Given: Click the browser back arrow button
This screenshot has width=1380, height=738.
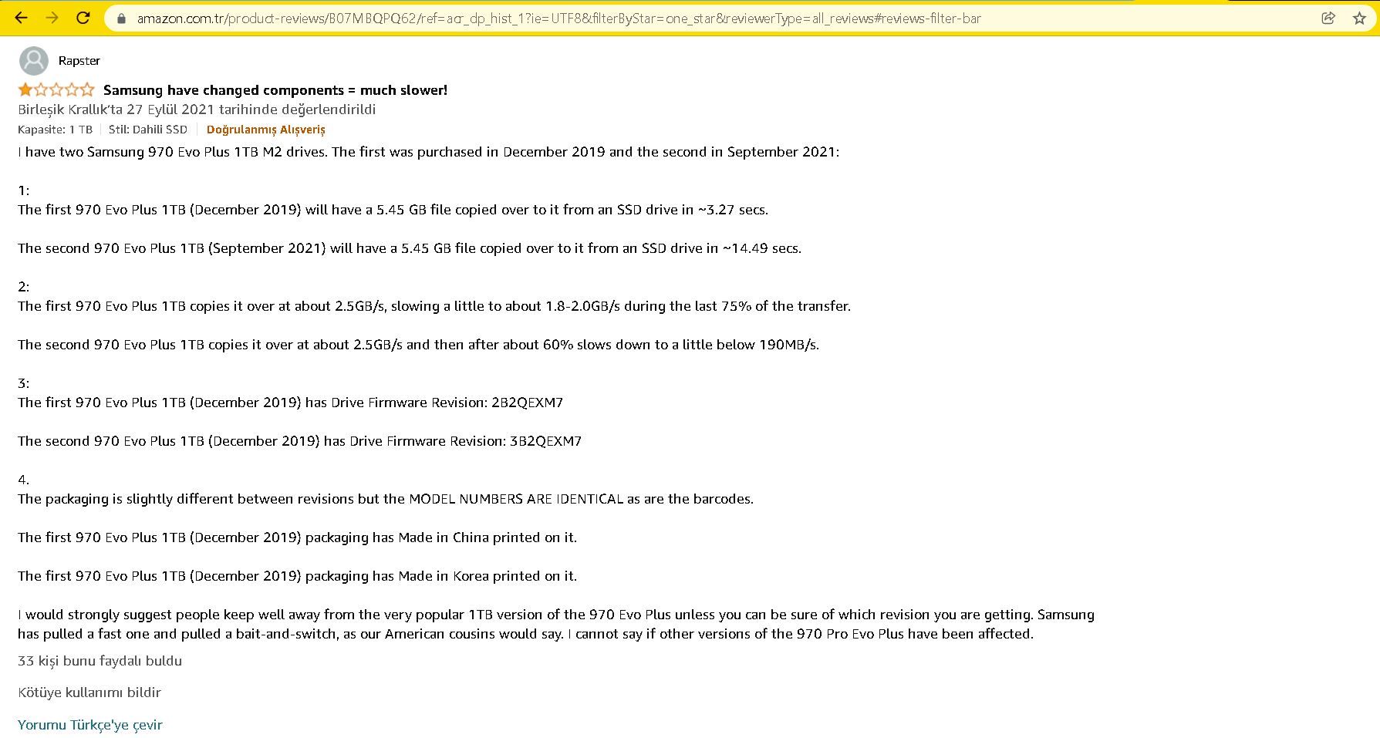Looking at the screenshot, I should pos(22,18).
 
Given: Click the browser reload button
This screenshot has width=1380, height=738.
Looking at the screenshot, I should pos(83,18).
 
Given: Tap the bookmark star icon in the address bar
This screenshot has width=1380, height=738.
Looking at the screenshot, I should pos(1359,18).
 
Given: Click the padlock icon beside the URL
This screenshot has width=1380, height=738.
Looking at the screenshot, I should pos(121,19).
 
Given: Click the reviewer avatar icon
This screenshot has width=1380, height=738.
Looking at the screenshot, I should pos(33,61).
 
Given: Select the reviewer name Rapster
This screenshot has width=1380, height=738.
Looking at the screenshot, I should pos(79,61).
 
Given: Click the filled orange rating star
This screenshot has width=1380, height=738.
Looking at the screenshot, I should pos(25,90).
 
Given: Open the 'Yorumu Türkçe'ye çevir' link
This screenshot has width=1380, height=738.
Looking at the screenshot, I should pos(90,725).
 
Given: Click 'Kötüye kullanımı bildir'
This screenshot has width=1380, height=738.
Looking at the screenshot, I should pos(89,693).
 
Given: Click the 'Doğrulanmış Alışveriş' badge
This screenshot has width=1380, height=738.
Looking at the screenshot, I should pos(265,130).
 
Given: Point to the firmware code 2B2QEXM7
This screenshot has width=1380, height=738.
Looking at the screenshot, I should pos(527,403).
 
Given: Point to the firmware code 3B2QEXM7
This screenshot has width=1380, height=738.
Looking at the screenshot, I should pos(545,441).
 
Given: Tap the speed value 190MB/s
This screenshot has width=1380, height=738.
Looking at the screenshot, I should pos(788,345).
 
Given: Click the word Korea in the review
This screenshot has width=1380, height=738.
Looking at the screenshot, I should pos(471,576).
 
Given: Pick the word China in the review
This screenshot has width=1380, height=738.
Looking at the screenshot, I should pos(471,537).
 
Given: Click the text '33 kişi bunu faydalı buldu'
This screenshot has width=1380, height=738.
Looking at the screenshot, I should pos(100,661).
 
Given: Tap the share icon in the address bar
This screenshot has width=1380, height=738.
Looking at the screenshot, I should pos(1328,18).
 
